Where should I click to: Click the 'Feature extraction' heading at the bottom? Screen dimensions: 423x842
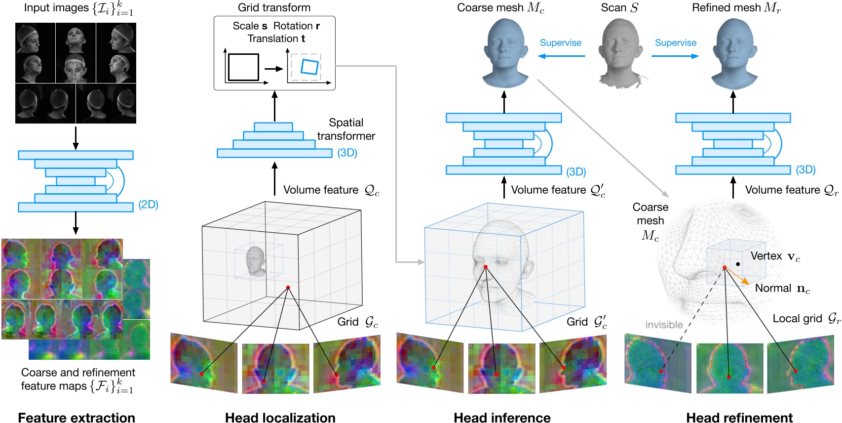pyautogui.click(x=77, y=417)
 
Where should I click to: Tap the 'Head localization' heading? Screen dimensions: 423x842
pyautogui.click(x=280, y=417)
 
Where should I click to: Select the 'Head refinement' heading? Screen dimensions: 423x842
pyautogui.click(x=739, y=417)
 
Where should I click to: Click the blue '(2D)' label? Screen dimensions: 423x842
pyautogui.click(x=148, y=205)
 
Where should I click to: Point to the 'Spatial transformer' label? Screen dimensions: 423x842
pyautogui.click(x=345, y=129)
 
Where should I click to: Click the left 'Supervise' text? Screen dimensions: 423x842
pyautogui.click(x=560, y=43)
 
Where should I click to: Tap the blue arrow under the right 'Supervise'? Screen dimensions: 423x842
pyautogui.click(x=675, y=56)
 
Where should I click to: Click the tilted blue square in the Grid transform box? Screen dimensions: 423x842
pyautogui.click(x=309, y=67)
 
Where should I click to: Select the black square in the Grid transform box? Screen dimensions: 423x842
pyautogui.click(x=243, y=67)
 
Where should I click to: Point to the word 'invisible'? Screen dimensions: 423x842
pyautogui.click(x=664, y=325)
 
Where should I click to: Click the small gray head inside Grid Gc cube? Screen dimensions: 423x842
pyautogui.click(x=256, y=261)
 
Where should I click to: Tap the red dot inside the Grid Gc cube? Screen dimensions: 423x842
pyautogui.click(x=288, y=287)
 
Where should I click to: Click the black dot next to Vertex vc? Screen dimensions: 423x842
pyautogui.click(x=738, y=264)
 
